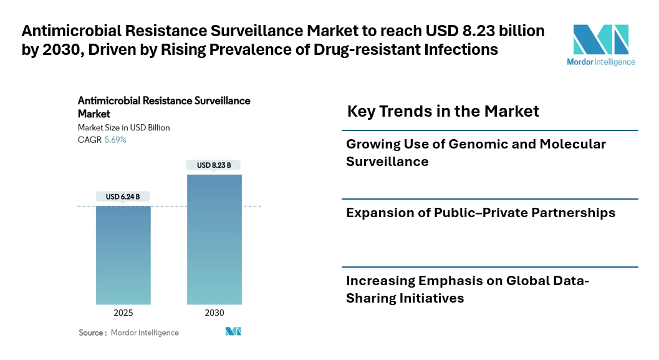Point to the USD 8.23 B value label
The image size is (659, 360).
click(214, 165)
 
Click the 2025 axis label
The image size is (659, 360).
click(123, 313)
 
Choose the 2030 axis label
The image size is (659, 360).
click(214, 313)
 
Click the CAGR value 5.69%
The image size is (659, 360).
click(115, 140)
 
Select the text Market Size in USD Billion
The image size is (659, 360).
click(123, 128)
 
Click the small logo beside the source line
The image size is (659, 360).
click(233, 332)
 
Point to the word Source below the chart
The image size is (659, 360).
click(91, 333)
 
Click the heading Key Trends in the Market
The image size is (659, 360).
click(443, 112)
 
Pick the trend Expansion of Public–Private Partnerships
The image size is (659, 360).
click(481, 213)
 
